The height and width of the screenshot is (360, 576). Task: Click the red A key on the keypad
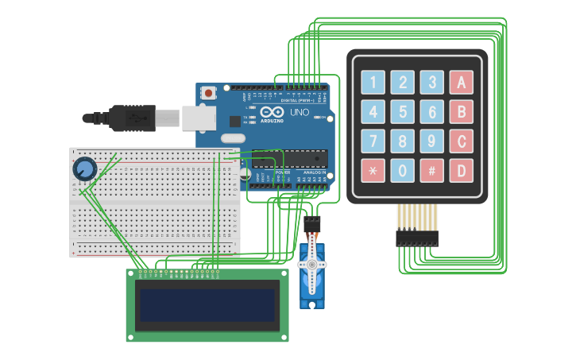point(461,82)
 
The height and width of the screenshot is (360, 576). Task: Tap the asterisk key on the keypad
point(373,170)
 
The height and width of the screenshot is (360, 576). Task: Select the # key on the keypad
point(431,170)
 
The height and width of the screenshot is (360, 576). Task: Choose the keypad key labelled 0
point(402,170)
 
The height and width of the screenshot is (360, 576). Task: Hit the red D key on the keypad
point(461,170)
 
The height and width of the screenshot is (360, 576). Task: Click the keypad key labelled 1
point(373,82)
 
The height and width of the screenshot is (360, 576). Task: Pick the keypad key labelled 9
point(431,141)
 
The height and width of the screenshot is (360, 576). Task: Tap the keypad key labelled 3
point(431,82)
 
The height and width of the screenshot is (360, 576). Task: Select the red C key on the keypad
point(461,141)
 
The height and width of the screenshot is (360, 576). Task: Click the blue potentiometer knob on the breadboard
point(84,169)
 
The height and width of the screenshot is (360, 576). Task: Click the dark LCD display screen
point(207,305)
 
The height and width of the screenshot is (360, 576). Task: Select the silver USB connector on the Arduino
point(199,118)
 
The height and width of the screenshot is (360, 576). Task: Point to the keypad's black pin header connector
point(417,237)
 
